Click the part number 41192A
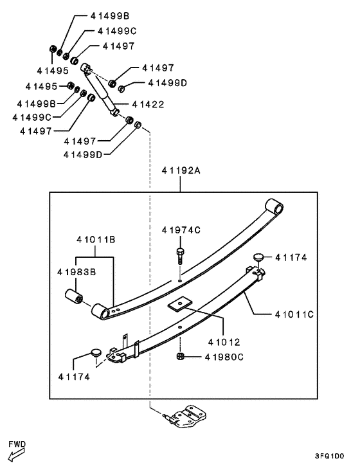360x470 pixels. [181, 170]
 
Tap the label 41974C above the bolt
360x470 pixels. [181, 230]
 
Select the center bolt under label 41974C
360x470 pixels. [180, 256]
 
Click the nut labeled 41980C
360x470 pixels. [180, 356]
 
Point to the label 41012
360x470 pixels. [224, 341]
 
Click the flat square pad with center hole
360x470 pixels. [180, 305]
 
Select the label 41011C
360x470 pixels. [294, 314]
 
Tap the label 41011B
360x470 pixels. [96, 239]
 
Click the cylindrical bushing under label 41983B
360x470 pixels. [74, 297]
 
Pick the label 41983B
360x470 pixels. [76, 272]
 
